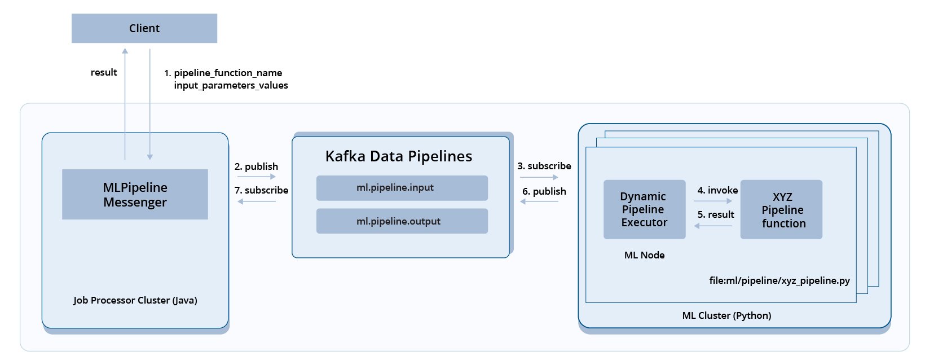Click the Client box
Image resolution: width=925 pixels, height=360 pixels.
144,28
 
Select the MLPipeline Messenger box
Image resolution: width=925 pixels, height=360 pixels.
135,194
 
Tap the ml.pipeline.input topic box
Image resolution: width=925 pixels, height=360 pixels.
402,188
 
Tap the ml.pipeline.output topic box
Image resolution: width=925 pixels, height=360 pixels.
402,221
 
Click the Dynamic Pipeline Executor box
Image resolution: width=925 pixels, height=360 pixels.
644,209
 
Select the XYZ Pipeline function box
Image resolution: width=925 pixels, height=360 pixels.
781,209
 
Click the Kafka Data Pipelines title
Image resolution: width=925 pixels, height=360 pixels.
398,156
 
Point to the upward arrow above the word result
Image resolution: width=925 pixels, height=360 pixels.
125,102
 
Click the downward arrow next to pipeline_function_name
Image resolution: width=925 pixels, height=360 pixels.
150,102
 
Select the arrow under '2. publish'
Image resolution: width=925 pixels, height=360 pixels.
256,177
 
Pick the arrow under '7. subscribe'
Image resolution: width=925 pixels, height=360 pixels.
256,201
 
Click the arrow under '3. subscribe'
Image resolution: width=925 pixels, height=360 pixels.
539,177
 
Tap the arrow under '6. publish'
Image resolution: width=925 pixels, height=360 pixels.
539,201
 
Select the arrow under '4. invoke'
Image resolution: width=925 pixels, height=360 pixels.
713,201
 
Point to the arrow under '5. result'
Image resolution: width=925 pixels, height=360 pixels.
713,226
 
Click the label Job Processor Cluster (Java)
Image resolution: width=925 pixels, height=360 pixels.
135,300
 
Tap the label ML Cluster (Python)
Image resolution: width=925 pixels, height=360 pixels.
726,315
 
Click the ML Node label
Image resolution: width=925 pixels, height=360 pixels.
644,255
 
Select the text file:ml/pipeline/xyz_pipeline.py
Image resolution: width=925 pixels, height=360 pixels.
779,280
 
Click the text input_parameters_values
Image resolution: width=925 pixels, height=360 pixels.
231,85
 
